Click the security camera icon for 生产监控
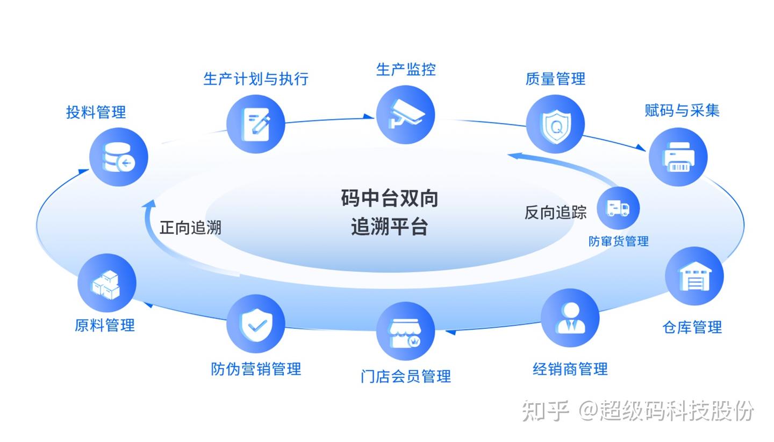(x=405, y=114)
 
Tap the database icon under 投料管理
(x=118, y=157)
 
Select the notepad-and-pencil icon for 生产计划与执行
(x=255, y=124)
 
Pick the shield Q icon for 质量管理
(x=554, y=124)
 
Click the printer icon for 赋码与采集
(x=678, y=157)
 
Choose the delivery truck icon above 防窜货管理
(x=618, y=208)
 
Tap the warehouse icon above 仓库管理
(x=694, y=276)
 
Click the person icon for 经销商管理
(x=569, y=318)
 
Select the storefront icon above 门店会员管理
(x=405, y=331)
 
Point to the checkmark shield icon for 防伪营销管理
(x=255, y=324)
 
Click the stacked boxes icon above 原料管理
(x=106, y=283)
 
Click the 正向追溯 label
(x=190, y=228)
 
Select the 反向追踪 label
(x=555, y=212)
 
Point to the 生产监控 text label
(x=405, y=69)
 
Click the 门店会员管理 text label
(x=405, y=376)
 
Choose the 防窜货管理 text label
(x=618, y=241)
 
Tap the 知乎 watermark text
(x=545, y=411)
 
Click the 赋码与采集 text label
(x=682, y=111)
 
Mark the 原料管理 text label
(x=105, y=325)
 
